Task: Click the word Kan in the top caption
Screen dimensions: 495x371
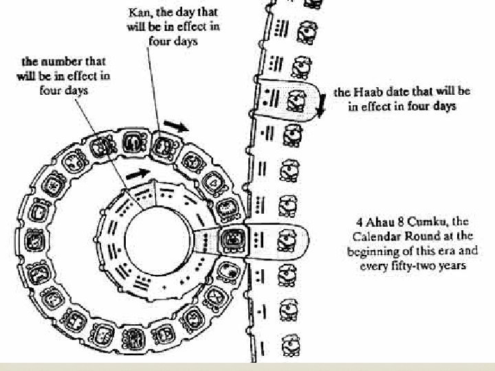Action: [137, 13]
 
